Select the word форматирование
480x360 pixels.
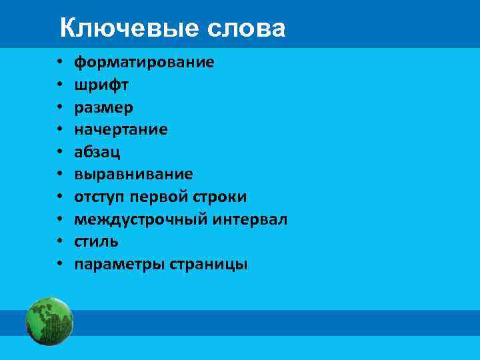(144, 63)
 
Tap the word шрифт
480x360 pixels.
(101, 85)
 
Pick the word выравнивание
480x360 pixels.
(133, 175)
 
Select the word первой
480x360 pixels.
(159, 197)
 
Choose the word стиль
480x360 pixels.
(96, 241)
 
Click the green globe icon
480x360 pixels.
(49, 321)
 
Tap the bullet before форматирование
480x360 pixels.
(60, 63)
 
